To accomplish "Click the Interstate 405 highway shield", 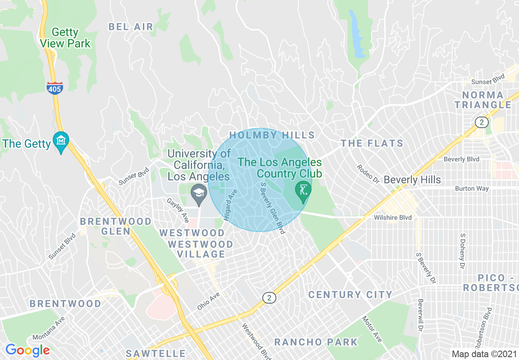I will click(x=55, y=88).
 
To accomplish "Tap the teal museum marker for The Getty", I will click(x=61, y=141).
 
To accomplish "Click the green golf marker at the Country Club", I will click(x=303, y=191).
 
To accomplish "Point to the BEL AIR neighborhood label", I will click(x=131, y=27).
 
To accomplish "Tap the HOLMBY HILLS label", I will click(x=272, y=135).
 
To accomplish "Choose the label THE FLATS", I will click(x=372, y=143).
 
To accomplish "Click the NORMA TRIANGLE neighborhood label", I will click(x=483, y=100).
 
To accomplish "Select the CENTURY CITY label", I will click(x=350, y=295).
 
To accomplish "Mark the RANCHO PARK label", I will click(x=316, y=342).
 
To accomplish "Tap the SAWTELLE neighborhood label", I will click(x=156, y=353).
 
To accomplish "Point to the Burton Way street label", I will click(x=472, y=189).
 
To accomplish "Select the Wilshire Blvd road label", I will click(x=393, y=218).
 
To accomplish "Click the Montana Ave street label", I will click(x=49, y=330).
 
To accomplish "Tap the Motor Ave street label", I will click(x=372, y=328).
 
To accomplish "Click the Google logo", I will click(x=27, y=350).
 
